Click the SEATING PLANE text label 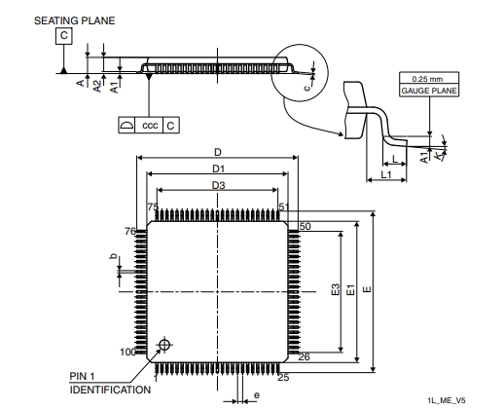point(75,20)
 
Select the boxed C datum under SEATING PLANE point(64,35)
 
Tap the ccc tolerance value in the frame point(150,125)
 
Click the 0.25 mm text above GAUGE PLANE point(427,79)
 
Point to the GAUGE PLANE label point(429,91)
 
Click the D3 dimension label point(218,185)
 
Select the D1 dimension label point(218,168)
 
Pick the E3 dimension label point(336,289)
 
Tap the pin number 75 point(153,206)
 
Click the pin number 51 point(284,206)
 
